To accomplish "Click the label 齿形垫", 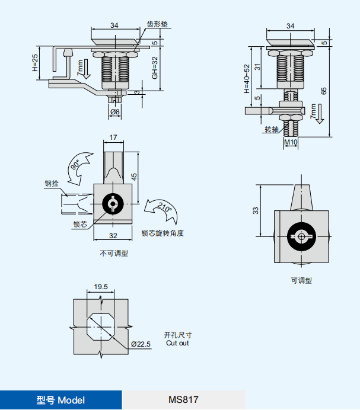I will tap(157, 25).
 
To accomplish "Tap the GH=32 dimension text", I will tap(154, 68).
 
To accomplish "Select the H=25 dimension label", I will tap(35, 65).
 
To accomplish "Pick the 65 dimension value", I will tap(323, 91).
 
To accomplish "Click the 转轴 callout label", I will tap(271, 130).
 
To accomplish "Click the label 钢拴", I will tap(51, 184).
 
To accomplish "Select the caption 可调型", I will tap(301, 281).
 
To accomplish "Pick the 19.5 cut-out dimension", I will tap(101, 287).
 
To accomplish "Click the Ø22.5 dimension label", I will tap(141, 344).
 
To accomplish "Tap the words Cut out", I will tap(177, 343).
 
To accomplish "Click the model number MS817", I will tap(183, 400).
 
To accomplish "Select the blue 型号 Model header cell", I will tap(60, 400).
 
